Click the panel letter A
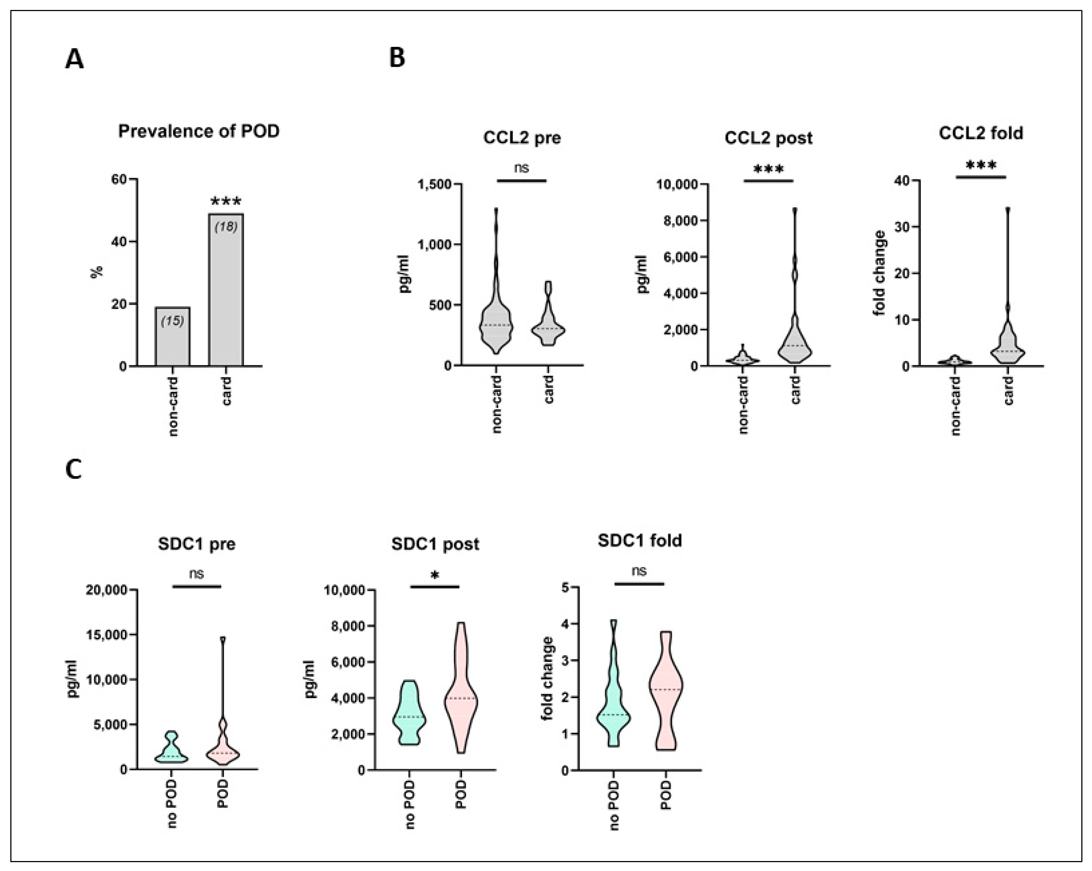coord(74,60)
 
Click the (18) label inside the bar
coord(226,226)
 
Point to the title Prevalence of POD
coord(199,131)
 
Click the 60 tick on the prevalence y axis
coord(119,179)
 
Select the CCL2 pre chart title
coord(522,138)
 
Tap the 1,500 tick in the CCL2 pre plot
coord(434,184)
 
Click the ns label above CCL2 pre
coord(521,168)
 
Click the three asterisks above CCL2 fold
coord(981,166)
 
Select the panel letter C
coord(74,470)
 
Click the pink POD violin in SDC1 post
coord(460,699)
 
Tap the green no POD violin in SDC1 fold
coord(613,709)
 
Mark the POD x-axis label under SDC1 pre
coord(223,794)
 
